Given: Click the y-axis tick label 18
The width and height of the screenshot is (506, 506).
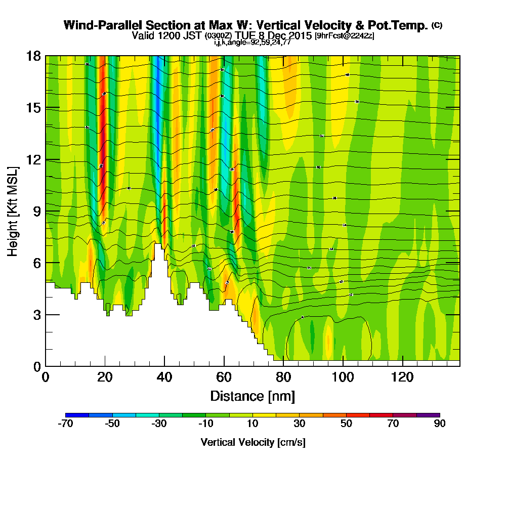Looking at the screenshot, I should [33, 56].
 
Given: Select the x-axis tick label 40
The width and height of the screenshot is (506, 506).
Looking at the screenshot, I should [164, 377].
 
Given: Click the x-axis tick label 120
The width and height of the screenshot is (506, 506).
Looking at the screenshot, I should [402, 377].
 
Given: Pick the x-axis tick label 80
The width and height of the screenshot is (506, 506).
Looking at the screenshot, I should [283, 377].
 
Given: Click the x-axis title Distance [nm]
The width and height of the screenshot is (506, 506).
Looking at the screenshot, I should [252, 395].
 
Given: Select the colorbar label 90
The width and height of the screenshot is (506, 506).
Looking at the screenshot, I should [440, 424].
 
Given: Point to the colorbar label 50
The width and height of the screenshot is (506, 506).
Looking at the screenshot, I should [346, 424].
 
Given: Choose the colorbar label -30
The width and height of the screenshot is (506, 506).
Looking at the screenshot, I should [159, 424].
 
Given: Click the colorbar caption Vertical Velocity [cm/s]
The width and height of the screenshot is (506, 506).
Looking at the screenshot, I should [252, 442].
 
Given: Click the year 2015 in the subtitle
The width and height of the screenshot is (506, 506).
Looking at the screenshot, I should [299, 35].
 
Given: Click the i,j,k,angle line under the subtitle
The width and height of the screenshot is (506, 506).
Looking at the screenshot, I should [252, 43].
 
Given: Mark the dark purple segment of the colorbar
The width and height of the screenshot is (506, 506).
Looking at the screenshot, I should [428, 415].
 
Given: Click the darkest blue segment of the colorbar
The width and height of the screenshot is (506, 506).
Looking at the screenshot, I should [77, 415].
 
